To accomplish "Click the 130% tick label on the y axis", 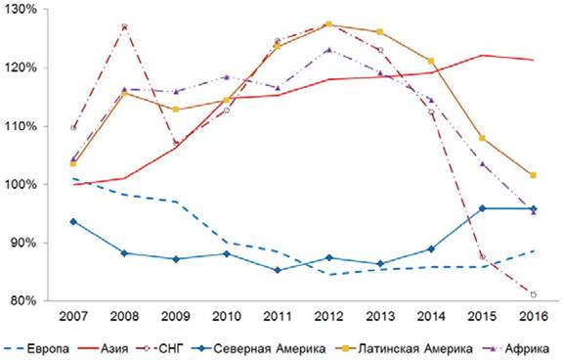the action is click(21, 10).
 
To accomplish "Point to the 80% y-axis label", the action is click(23, 300).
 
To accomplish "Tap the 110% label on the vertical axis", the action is click(21, 126).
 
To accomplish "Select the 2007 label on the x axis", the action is click(73, 317).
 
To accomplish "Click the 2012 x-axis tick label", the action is click(328, 317).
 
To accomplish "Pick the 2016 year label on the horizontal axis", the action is click(534, 317).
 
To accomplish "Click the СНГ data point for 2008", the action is click(124, 26).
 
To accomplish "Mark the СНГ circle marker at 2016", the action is click(534, 295).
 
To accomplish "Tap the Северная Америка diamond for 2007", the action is click(73, 222).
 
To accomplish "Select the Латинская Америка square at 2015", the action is click(482, 138).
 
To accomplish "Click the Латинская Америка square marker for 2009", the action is click(176, 110).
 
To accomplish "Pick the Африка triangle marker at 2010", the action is click(227, 77).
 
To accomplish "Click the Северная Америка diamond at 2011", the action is click(278, 270).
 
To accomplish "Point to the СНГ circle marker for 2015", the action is click(482, 257).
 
